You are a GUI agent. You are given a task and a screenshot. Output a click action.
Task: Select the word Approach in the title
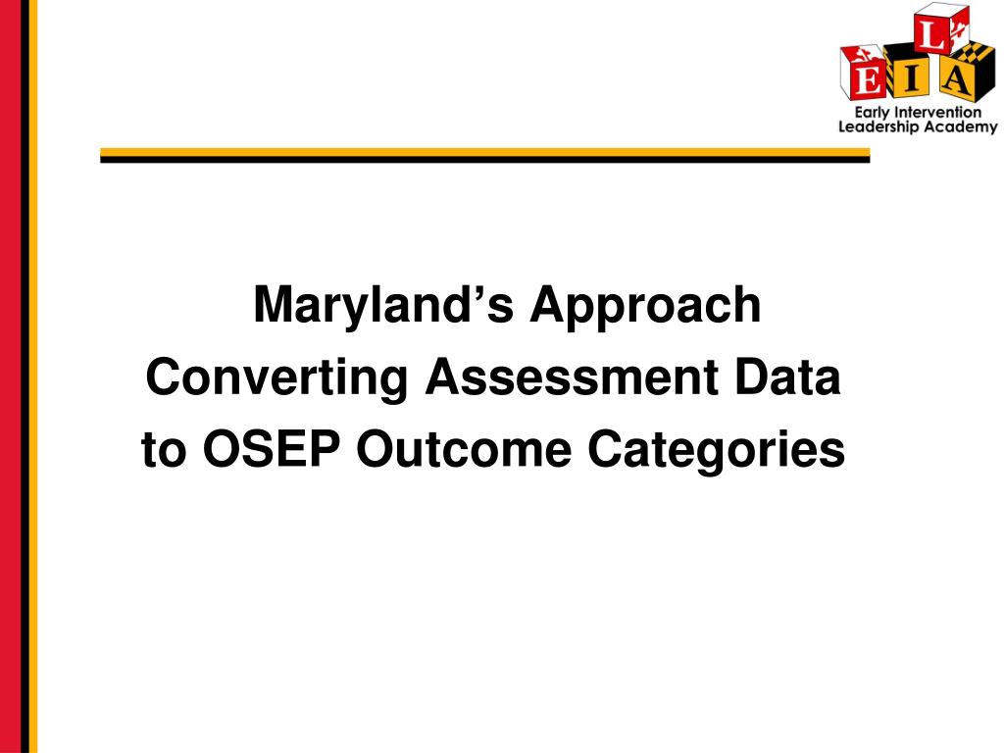pos(645,307)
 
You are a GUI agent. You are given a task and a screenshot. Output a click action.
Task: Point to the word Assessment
pos(572,376)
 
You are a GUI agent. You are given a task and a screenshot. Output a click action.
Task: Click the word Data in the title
pos(787,376)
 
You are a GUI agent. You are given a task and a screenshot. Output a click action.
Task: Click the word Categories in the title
pos(716,451)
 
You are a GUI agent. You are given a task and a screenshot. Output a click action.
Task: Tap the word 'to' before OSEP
pos(164,449)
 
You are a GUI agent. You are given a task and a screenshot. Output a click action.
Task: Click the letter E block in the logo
pos(865,74)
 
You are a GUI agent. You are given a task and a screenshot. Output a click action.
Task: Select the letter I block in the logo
pos(912,74)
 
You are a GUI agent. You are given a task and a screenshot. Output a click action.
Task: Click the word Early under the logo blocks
pos(872,113)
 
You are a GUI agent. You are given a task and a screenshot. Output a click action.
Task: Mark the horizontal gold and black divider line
pos(484,156)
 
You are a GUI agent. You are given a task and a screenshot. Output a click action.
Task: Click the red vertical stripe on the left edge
pos(10,376)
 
